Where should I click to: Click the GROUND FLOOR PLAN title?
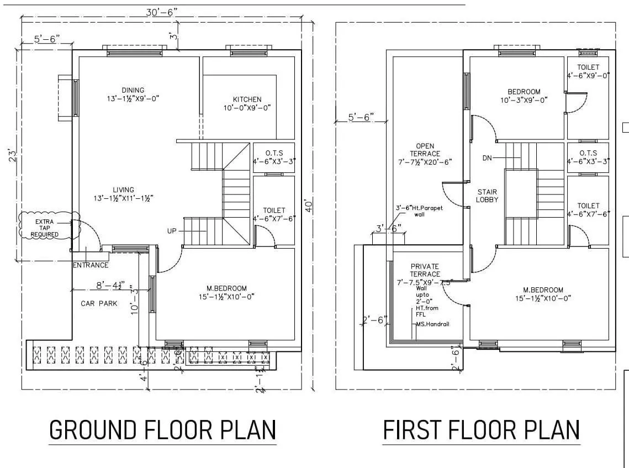coord(162,430)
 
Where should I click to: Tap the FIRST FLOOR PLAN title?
coord(481,430)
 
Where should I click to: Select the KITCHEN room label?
coord(247,99)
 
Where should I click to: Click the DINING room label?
coord(133,90)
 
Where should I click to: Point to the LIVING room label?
coord(123,190)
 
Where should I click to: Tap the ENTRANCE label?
coord(91,265)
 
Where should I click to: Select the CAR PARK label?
coord(99,303)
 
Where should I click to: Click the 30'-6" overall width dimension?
coord(161,12)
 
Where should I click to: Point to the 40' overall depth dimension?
coord(309,206)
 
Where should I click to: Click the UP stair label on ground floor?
coord(172,230)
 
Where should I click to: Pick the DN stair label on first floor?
coord(487,158)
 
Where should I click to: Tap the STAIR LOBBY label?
coord(488,196)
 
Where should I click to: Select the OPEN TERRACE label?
coord(425,150)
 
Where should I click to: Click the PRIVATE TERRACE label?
coord(425,270)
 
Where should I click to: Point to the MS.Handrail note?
coord(432,324)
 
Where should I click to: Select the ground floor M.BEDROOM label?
coord(226,288)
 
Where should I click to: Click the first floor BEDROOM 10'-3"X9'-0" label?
coord(524,92)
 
